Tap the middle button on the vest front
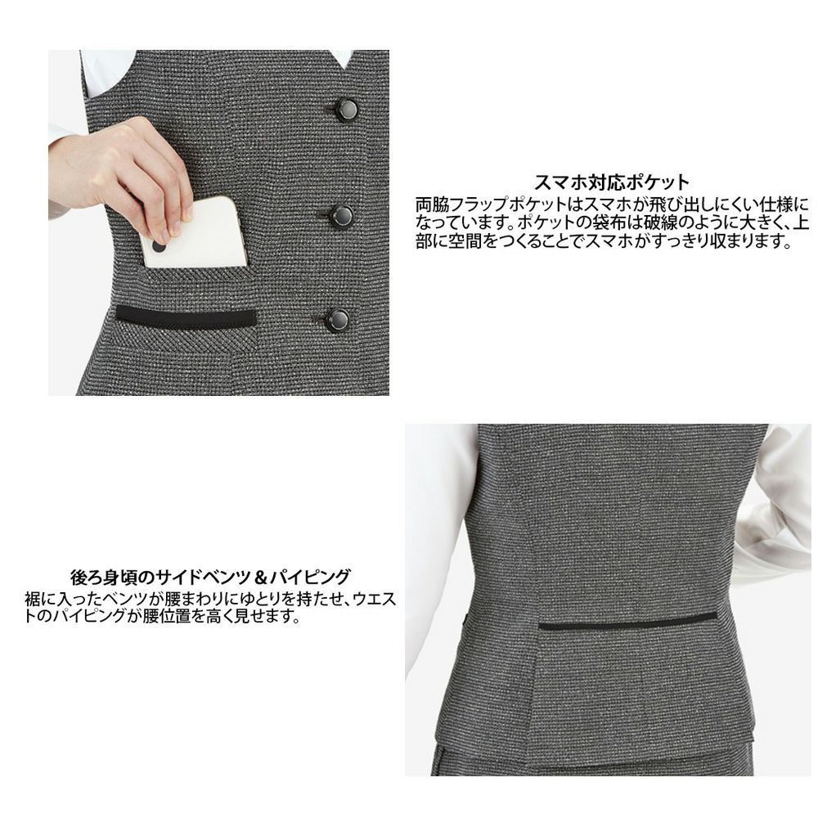[x=342, y=216]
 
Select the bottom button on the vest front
[x=337, y=320]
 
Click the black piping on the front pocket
[x=186, y=316]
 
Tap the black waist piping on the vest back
[x=627, y=621]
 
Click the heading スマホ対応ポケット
[x=612, y=182]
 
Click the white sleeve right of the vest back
[x=777, y=507]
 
